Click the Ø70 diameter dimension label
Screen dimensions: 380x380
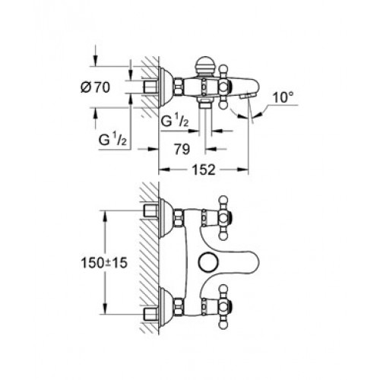96,87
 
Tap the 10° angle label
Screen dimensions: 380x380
283,98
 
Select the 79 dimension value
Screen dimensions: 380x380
182,149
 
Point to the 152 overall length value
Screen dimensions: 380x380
204,169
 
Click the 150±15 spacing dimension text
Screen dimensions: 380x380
104,263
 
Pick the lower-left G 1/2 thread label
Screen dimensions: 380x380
112,140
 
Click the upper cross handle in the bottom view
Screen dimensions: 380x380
223,217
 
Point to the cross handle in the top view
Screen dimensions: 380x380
223,87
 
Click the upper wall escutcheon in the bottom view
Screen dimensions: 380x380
166,217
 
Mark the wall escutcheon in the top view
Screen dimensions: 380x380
166,87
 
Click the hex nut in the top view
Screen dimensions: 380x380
179,87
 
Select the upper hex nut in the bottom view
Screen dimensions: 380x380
179,217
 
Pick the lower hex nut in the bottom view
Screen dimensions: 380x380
179,306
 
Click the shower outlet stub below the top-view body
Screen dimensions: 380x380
205,103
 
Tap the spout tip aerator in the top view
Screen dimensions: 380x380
245,96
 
